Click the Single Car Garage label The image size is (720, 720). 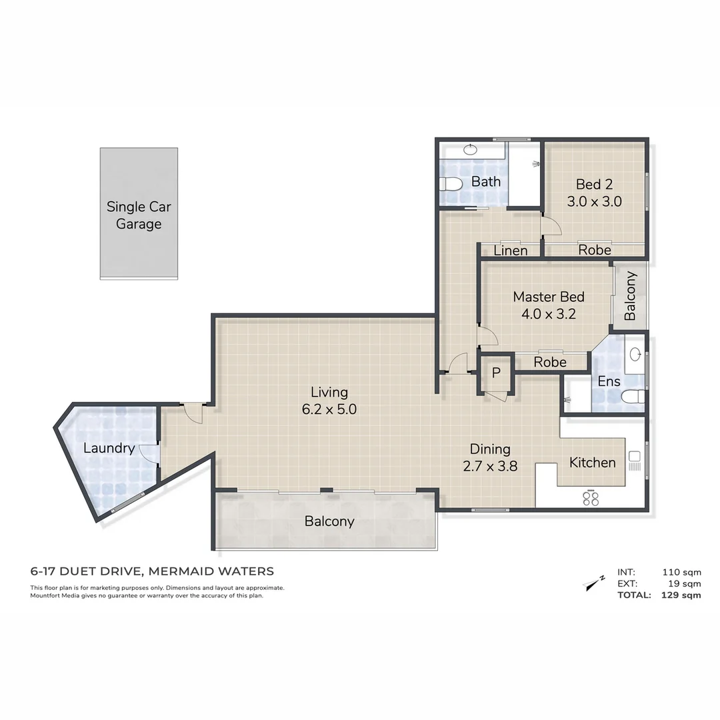139,215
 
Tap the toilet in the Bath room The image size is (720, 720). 451,183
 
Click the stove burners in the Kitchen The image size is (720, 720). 591,498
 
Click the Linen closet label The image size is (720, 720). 511,251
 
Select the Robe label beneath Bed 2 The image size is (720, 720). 594,250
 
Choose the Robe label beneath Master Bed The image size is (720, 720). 550,362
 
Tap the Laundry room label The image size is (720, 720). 109,448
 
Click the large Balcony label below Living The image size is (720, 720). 329,521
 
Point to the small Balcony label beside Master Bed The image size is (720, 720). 630,296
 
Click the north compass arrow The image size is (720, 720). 593,583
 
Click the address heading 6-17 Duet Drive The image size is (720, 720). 152,571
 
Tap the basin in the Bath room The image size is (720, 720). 472,150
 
